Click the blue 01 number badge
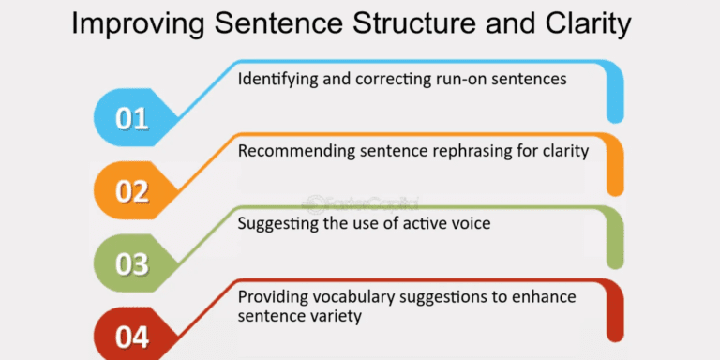(x=132, y=119)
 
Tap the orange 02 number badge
(x=132, y=191)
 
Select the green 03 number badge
(x=132, y=263)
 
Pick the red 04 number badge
(x=132, y=336)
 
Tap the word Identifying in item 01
(x=274, y=80)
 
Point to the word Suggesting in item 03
(x=275, y=223)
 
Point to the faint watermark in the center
(x=361, y=202)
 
